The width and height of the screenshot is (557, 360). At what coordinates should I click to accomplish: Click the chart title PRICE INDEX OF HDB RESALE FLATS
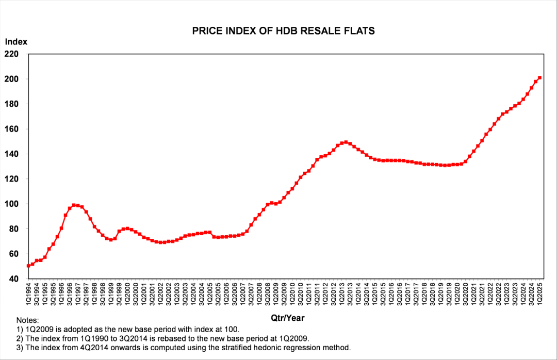[283, 31]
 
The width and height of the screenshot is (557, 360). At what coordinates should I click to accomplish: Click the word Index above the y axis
[16, 42]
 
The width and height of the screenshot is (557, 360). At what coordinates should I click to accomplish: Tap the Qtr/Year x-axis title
[287, 318]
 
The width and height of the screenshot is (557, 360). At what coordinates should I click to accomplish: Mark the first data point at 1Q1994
[28, 266]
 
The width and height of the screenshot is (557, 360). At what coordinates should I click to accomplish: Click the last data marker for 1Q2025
[539, 78]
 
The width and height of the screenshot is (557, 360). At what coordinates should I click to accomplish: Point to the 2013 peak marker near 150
[346, 142]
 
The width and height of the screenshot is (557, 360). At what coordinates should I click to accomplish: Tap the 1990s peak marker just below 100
[74, 205]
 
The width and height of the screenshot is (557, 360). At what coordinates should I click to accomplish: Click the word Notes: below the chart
[27, 320]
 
